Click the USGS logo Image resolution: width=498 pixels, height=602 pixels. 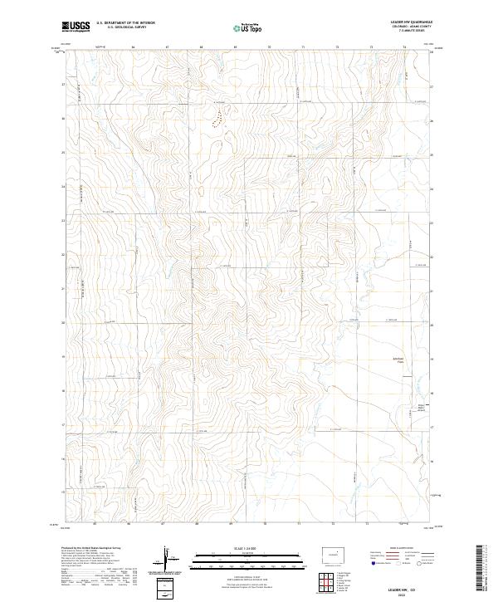point(76,26)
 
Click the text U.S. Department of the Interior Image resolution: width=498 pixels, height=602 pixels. point(125,23)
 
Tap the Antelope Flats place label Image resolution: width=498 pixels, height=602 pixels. point(375,360)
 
